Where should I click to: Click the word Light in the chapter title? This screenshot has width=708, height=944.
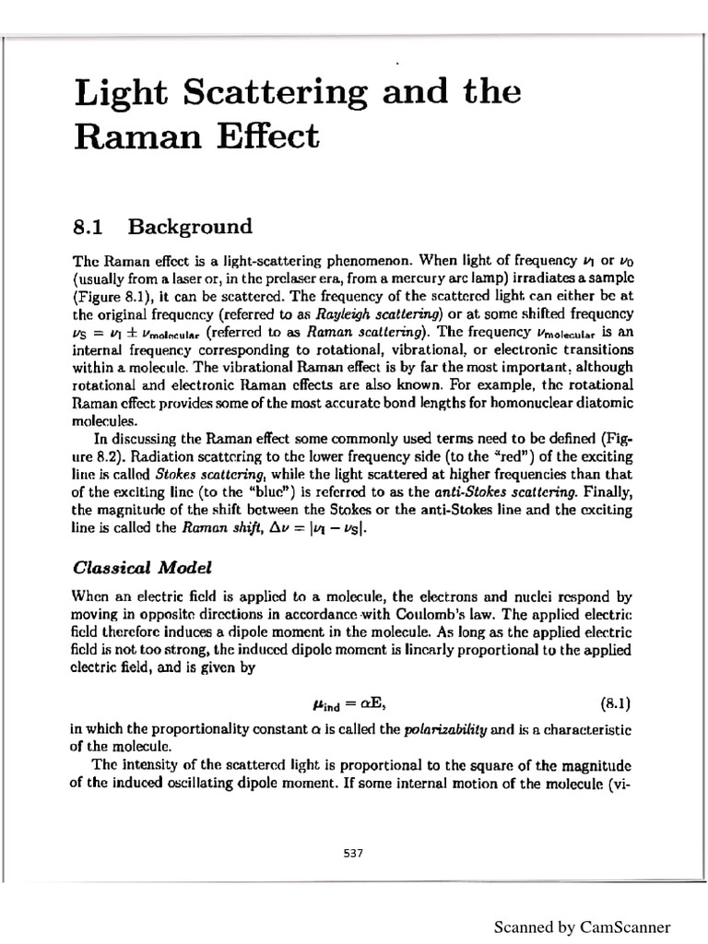tap(115, 95)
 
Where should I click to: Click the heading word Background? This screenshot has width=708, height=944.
tap(190, 227)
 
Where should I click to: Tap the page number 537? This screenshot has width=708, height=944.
tap(353, 853)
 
